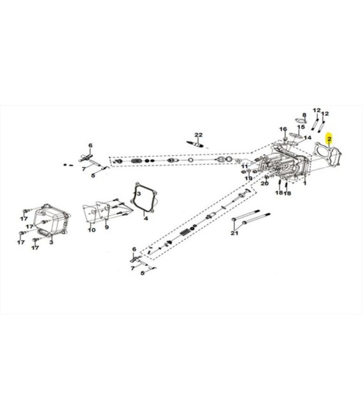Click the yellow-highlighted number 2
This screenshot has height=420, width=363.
(329, 139)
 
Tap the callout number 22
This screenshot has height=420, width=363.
(199, 135)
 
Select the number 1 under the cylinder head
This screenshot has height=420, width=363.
(304, 183)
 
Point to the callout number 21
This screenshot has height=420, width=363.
(234, 233)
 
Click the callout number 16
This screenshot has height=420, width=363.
(283, 129)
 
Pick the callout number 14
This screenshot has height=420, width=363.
(308, 137)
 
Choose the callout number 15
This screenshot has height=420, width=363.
(301, 127)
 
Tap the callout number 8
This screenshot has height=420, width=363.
(304, 115)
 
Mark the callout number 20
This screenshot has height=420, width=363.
(265, 183)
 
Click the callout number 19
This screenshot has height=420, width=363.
(248, 178)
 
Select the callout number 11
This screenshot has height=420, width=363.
(245, 166)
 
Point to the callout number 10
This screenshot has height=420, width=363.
(92, 230)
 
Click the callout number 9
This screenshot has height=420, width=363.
(107, 227)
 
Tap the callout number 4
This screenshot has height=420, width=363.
(146, 218)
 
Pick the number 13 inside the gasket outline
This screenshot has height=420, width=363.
(138, 193)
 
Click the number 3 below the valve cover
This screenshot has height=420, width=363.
(51, 242)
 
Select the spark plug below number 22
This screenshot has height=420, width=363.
(197, 144)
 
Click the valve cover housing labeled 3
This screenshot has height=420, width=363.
(53, 220)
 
